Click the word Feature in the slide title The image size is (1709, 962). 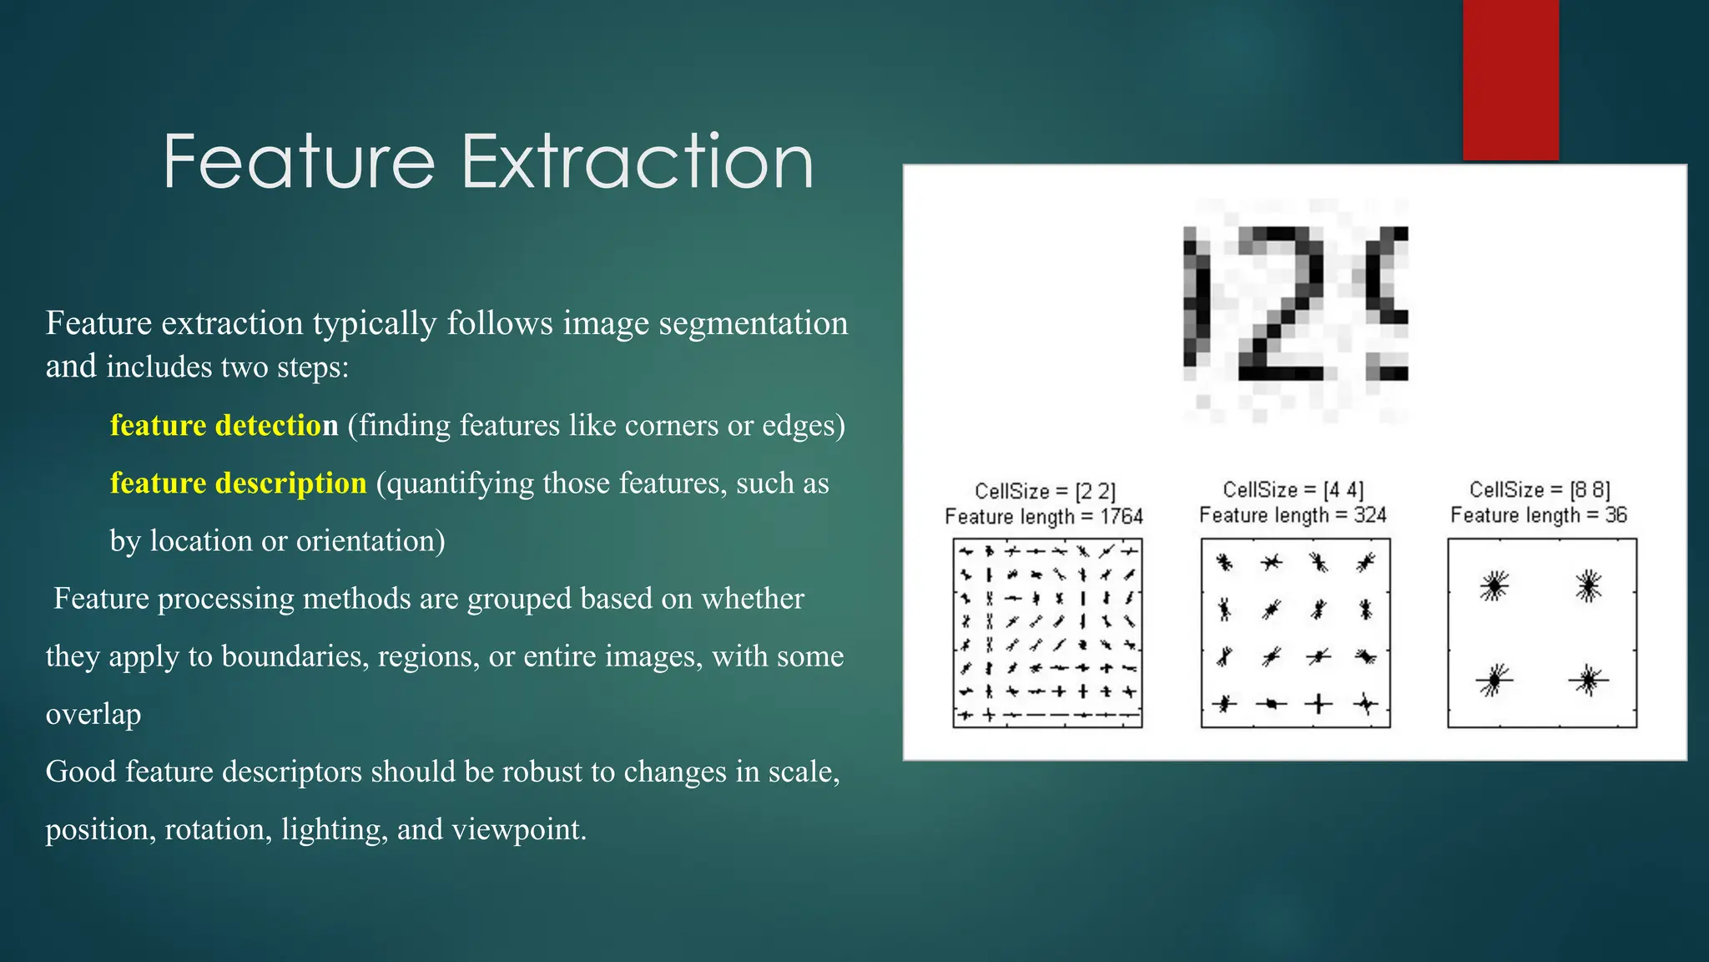tap(299, 162)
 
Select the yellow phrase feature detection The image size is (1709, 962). tap(224, 425)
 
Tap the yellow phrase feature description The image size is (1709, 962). tap(238, 483)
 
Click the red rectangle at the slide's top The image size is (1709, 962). tap(1510, 79)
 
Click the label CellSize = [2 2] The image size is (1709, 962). tap(1045, 491)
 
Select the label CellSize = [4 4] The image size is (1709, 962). tap(1293, 489)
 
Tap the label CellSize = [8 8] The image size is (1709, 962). tap(1540, 489)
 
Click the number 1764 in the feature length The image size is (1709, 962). tap(1121, 517)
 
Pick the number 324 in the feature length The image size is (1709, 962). tap(1369, 515)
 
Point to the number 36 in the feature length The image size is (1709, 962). tap(1616, 515)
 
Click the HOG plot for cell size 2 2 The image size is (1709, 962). tap(1047, 633)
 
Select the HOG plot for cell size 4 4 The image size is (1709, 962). tap(1295, 633)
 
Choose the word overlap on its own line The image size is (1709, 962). tap(93, 715)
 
